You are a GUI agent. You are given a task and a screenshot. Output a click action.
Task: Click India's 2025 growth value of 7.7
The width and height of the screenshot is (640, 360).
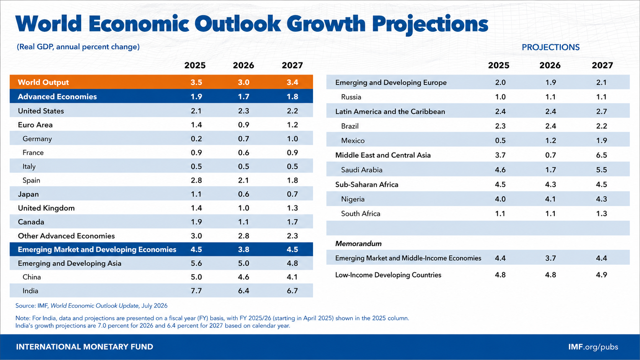point(196,291)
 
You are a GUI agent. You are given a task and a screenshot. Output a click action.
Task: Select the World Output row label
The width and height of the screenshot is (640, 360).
point(43,82)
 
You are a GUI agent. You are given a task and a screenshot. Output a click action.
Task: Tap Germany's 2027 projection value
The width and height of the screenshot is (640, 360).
point(292,139)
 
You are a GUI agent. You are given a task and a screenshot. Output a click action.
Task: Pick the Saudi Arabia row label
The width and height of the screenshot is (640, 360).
point(361,170)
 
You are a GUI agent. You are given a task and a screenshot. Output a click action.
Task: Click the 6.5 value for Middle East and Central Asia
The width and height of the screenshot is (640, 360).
point(601,155)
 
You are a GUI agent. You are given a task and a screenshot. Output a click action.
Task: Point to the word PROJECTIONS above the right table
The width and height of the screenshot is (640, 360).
point(550,47)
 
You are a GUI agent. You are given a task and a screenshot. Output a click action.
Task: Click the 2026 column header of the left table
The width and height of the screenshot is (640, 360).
point(243,65)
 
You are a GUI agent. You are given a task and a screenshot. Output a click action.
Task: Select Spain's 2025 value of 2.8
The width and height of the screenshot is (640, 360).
point(196,181)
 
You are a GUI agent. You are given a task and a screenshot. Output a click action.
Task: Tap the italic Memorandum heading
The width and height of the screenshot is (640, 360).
point(358,244)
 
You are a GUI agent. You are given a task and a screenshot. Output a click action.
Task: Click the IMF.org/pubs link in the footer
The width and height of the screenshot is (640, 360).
point(593,347)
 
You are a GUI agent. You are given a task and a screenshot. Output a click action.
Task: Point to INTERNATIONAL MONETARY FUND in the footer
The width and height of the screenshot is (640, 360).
point(85,347)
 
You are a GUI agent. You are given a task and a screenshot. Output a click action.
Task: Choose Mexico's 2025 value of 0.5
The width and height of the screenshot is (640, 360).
point(500,140)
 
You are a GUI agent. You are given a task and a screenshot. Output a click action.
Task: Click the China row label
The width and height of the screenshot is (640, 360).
point(32,277)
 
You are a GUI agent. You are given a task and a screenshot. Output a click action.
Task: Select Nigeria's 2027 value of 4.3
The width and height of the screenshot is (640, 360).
point(601,199)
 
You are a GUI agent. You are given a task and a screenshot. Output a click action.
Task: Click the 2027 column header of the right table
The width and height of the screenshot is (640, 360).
point(602,65)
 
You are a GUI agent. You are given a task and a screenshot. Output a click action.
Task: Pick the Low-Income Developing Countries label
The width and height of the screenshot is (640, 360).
point(388,275)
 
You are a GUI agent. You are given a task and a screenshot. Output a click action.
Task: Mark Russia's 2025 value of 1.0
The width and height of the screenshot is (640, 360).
point(500,97)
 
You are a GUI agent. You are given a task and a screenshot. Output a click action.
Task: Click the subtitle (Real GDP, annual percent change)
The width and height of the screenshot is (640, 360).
point(78,47)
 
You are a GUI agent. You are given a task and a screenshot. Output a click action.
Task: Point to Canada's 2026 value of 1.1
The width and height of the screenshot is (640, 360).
point(243,222)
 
